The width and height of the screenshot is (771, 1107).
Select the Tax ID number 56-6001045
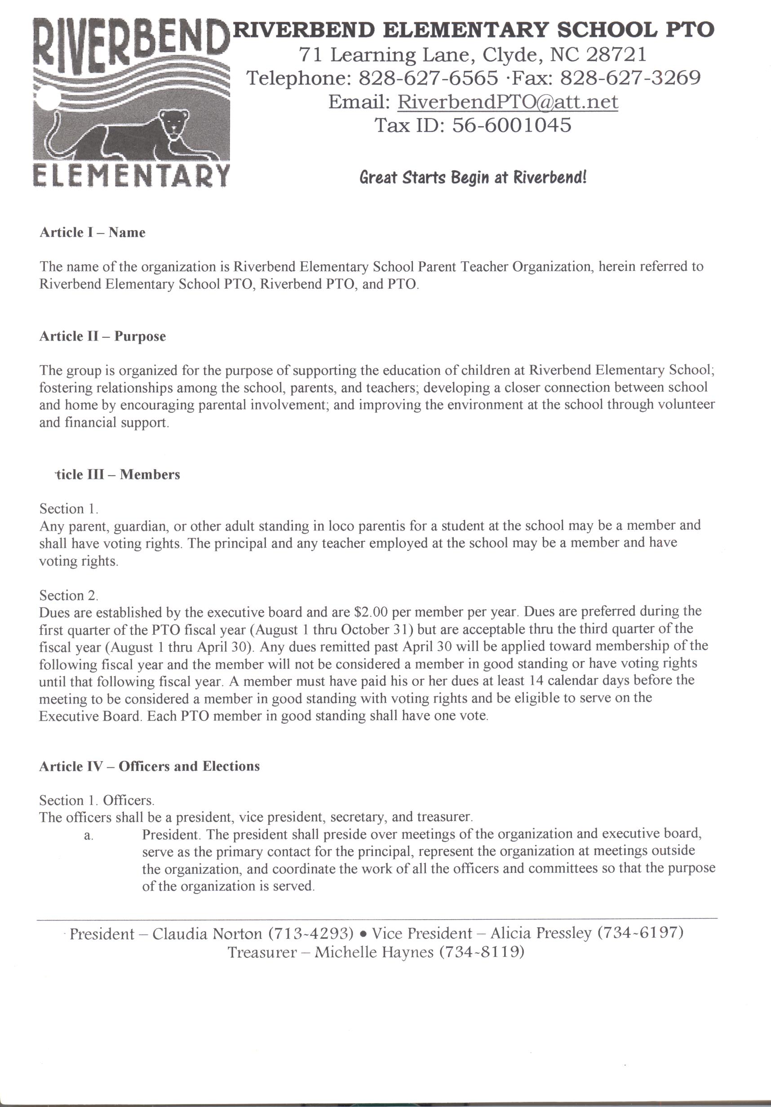511,125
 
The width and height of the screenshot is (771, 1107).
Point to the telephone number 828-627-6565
428,78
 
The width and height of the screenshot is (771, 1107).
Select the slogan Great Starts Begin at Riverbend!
473,177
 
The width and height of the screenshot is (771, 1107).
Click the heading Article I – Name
92,232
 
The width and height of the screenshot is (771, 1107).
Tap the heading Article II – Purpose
102,336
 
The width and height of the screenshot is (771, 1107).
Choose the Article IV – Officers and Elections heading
149,766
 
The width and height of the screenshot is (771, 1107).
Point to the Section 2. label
68,595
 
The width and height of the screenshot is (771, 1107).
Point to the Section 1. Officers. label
97,800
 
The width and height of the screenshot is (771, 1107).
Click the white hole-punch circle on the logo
47,99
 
